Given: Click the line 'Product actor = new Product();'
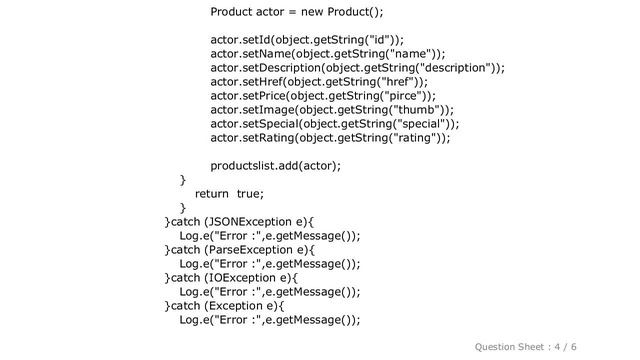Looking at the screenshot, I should tap(297, 13).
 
